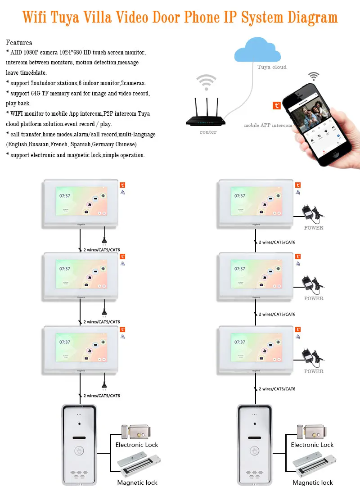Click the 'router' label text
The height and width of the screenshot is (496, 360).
click(208, 132)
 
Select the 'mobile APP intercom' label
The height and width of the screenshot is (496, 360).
click(268, 125)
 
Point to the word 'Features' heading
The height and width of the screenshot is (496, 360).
click(19, 43)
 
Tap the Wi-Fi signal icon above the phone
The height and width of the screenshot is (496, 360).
click(314, 75)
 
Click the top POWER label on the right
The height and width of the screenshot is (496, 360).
click(314, 228)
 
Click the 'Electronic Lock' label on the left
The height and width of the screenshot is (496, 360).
click(137, 445)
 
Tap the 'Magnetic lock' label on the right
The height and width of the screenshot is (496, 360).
click(313, 482)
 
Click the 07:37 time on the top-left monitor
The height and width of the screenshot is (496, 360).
click(65, 196)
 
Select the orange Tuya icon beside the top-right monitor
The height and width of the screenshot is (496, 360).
click(298, 185)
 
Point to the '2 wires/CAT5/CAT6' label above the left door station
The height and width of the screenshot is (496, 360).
click(102, 396)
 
